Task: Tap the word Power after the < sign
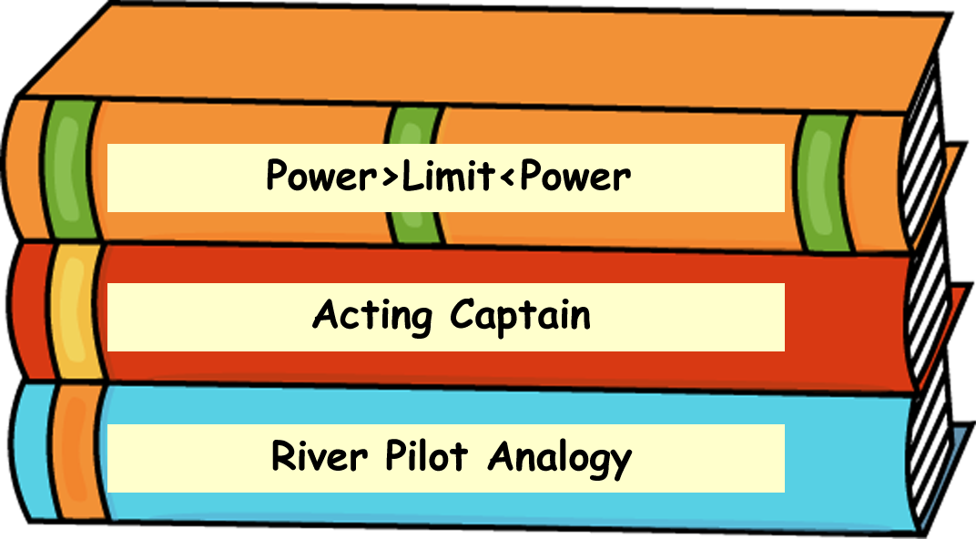[x=574, y=176]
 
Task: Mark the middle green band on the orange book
[x=415, y=173]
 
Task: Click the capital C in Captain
[x=463, y=315]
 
